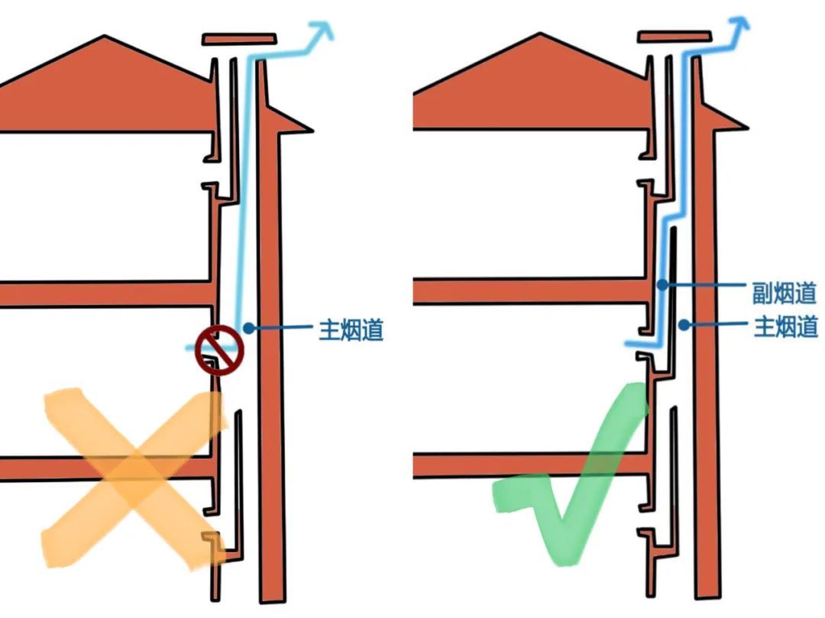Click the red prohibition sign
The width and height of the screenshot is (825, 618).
point(219,351)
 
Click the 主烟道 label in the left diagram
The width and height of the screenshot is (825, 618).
point(351,330)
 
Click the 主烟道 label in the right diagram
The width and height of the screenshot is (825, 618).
point(785,327)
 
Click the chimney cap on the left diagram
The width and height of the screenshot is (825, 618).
point(238,38)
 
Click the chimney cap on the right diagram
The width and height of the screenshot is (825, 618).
point(674,36)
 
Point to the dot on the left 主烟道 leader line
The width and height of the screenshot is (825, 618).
point(248,328)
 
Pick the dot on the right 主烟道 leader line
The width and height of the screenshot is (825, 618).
point(684,324)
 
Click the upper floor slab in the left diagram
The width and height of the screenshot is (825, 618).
point(107,294)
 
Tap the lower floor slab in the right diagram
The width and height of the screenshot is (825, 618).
point(527,464)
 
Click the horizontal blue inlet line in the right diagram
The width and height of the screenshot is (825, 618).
point(640,345)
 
